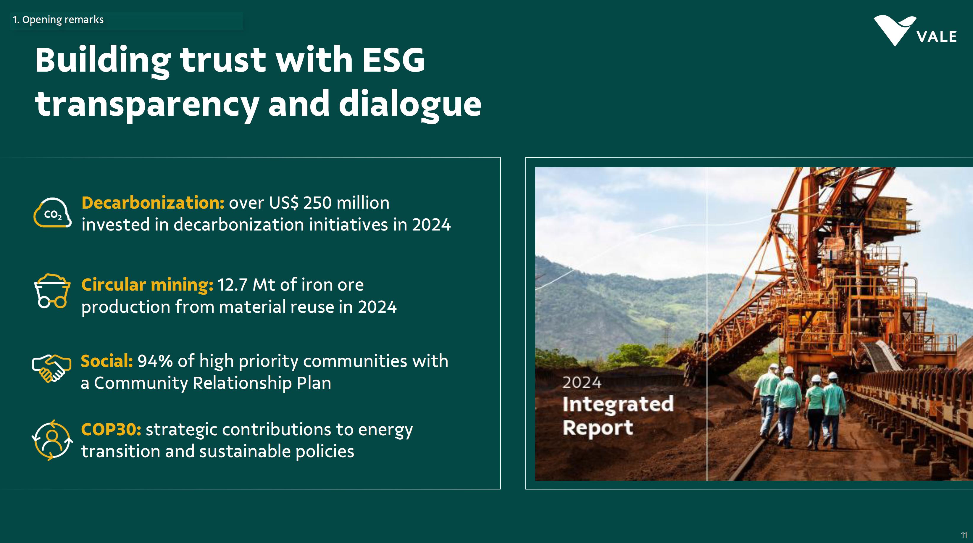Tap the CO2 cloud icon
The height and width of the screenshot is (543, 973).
pyautogui.click(x=52, y=213)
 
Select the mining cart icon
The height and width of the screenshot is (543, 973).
pyautogui.click(x=52, y=291)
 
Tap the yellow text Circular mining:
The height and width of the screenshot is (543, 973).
pyautogui.click(x=147, y=285)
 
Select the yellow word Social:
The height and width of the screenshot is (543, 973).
pyautogui.click(x=107, y=361)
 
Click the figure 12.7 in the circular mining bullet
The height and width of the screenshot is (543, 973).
pyautogui.click(x=232, y=285)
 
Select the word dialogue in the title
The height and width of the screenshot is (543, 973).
pyautogui.click(x=410, y=104)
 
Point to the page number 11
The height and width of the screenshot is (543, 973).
pyautogui.click(x=964, y=535)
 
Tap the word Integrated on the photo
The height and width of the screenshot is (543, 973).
pyautogui.click(x=618, y=404)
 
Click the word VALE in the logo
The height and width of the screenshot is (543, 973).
pyautogui.click(x=937, y=37)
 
